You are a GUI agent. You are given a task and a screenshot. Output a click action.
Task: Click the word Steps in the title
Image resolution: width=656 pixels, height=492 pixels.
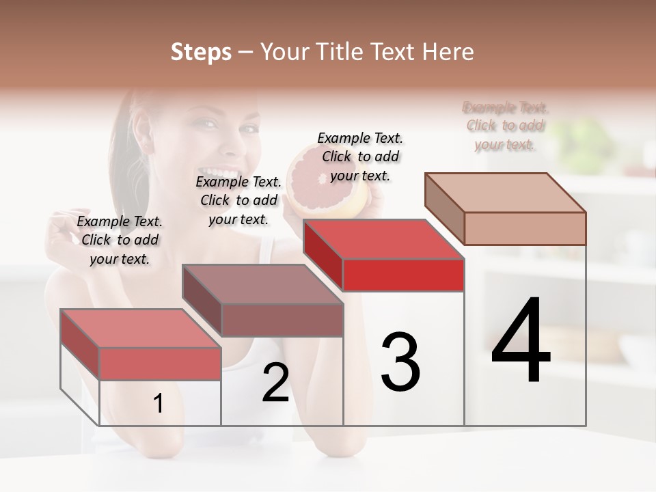pyautogui.click(x=201, y=52)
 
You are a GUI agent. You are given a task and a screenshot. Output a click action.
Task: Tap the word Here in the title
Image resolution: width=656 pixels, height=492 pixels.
pyautogui.click(x=447, y=52)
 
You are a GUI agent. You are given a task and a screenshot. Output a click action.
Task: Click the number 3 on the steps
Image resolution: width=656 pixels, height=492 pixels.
pyautogui.click(x=400, y=362)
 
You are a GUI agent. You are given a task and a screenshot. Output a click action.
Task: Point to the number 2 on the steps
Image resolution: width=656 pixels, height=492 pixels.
pyautogui.click(x=275, y=383)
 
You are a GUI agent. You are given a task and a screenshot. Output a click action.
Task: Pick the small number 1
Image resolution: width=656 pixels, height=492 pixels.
pyautogui.click(x=159, y=404)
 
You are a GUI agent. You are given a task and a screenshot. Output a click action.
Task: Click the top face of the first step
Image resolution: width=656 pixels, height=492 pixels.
pyautogui.click(x=140, y=328)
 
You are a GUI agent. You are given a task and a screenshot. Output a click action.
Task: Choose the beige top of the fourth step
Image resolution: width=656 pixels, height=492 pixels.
pyautogui.click(x=506, y=192)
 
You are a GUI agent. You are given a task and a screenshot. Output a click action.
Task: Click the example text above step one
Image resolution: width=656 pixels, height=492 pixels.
pyautogui.click(x=120, y=240)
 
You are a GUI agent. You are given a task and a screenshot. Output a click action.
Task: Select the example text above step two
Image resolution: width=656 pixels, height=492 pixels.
pyautogui.click(x=238, y=200)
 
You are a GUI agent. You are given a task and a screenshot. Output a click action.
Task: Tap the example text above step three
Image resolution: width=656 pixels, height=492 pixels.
pyautogui.click(x=360, y=156)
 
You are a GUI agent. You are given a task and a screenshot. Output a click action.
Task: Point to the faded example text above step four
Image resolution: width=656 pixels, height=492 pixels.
pyautogui.click(x=506, y=126)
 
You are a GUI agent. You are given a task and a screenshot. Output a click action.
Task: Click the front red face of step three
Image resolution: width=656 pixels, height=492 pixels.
pyautogui.click(x=403, y=275)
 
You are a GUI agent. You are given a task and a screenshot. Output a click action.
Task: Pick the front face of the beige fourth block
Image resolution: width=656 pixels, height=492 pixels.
pyautogui.click(x=525, y=228)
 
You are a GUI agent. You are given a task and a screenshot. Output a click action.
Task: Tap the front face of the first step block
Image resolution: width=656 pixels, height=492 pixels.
pyautogui.click(x=160, y=364)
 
